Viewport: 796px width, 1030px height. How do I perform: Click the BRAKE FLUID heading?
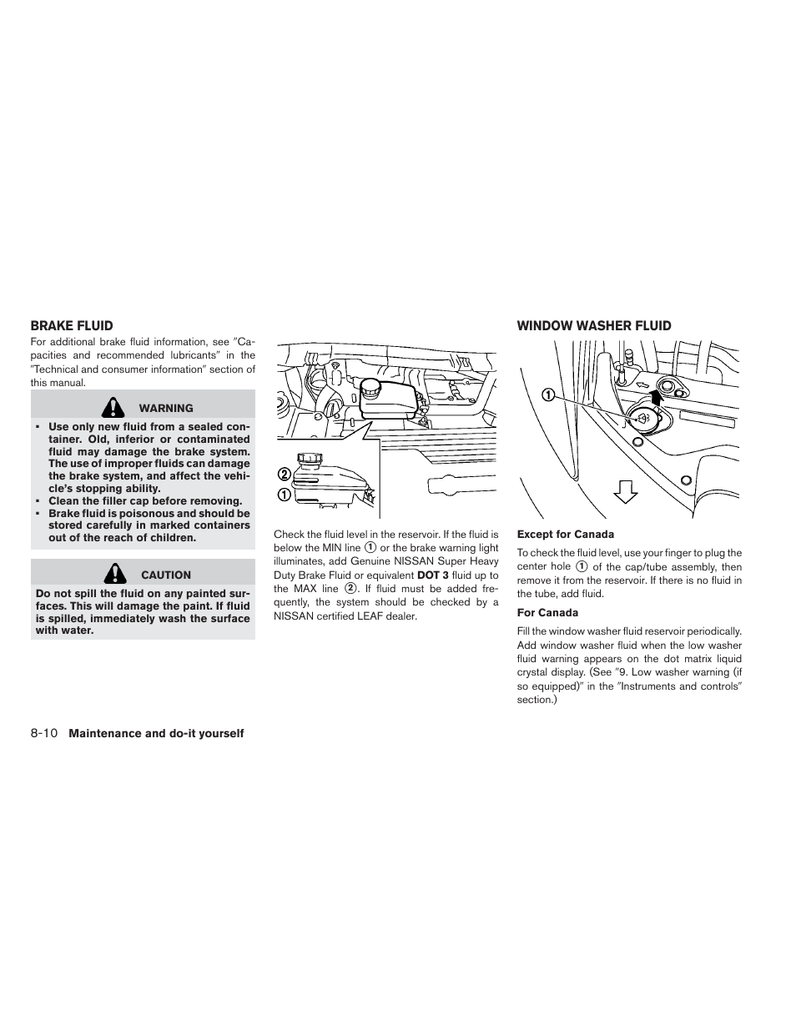72,326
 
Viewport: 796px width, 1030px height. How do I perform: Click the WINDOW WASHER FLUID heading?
593,326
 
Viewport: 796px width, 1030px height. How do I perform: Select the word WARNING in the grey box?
166,409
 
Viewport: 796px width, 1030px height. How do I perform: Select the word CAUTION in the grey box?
166,575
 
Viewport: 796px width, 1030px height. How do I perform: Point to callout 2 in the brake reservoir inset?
285,474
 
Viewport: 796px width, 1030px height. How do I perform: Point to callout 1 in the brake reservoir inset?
285,494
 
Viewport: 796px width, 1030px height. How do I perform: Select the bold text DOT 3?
432,575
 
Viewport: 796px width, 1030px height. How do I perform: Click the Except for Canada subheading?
565,535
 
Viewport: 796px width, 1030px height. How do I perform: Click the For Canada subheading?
547,613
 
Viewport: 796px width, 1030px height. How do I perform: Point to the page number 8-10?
43,733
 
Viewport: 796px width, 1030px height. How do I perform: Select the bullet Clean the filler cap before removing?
144,501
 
